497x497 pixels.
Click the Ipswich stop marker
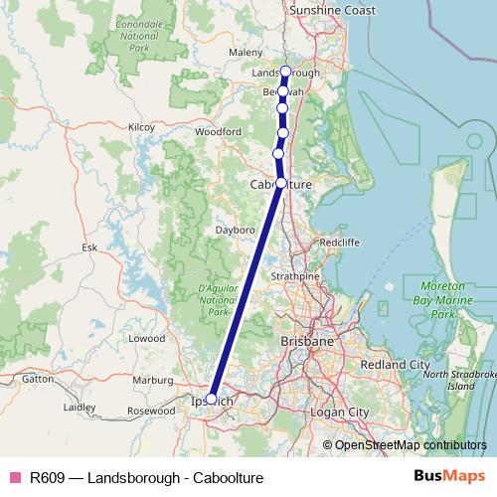point(211,398)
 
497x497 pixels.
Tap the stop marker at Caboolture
point(281,183)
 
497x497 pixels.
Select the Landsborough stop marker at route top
point(285,72)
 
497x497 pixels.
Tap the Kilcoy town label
point(142,127)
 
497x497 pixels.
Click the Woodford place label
point(218,131)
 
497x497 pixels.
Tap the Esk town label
point(89,247)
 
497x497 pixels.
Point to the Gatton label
point(38,379)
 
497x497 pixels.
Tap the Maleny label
point(245,52)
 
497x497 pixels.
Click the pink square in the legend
point(14,478)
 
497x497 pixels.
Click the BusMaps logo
point(449,477)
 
